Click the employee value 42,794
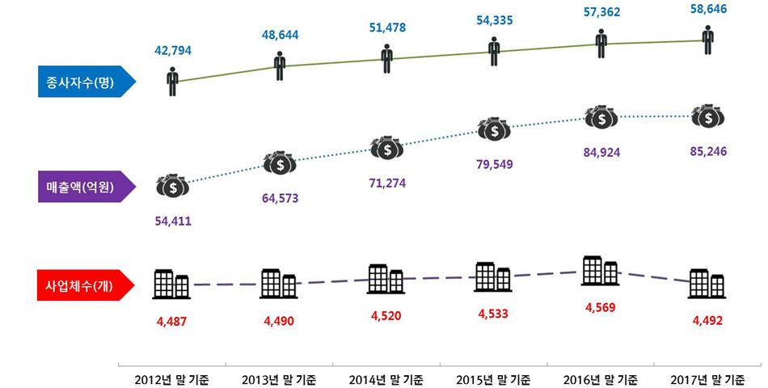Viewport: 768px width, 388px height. pos(173,50)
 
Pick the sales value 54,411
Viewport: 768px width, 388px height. pos(173,220)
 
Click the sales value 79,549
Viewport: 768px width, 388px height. pos(493,164)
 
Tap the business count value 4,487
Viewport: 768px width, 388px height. pos(172,321)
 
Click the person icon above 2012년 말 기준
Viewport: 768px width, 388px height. pos(172,82)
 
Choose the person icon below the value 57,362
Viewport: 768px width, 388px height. pos(601,44)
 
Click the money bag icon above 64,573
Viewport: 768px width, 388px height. pos(280,162)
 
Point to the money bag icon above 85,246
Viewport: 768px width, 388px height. pos(708,116)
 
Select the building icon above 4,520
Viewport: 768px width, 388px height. pos(386,278)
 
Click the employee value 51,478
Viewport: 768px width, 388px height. pos(386,28)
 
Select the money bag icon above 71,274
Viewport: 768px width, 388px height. pos(386,148)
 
